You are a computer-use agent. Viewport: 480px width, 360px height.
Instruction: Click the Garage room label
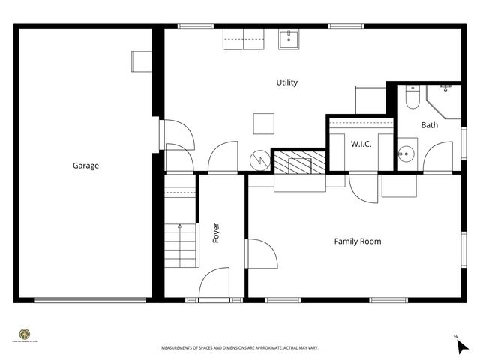pos(85,166)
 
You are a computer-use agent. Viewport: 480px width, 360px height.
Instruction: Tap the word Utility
pos(286,82)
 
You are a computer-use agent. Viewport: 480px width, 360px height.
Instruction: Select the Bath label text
pos(429,125)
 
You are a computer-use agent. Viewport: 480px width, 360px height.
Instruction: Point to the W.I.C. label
pos(361,144)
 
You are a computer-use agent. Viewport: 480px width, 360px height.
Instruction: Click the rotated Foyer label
pos(217,233)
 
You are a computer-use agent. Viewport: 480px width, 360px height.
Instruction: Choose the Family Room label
pos(357,241)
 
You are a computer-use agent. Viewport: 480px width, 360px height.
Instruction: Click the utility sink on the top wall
pos(289,39)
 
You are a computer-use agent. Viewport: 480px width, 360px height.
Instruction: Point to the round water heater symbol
pos(259,160)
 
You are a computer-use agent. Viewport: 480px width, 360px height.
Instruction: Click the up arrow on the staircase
pos(180,226)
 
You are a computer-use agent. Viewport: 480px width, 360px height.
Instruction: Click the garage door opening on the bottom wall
pos(90,300)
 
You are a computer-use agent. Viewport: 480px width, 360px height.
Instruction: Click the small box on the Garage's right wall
pos(140,61)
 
